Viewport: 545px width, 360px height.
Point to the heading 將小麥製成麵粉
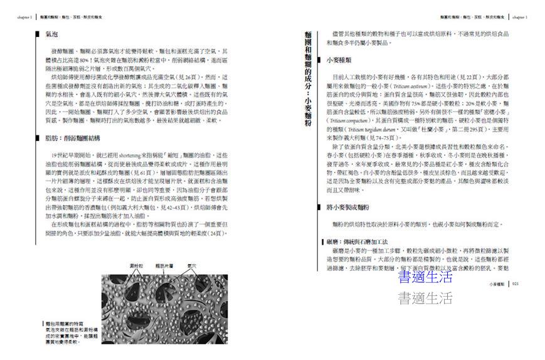[348, 207]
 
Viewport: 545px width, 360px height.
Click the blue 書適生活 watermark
[425, 277]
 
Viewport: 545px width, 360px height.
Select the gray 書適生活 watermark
[425, 298]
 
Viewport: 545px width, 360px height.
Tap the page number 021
[516, 284]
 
